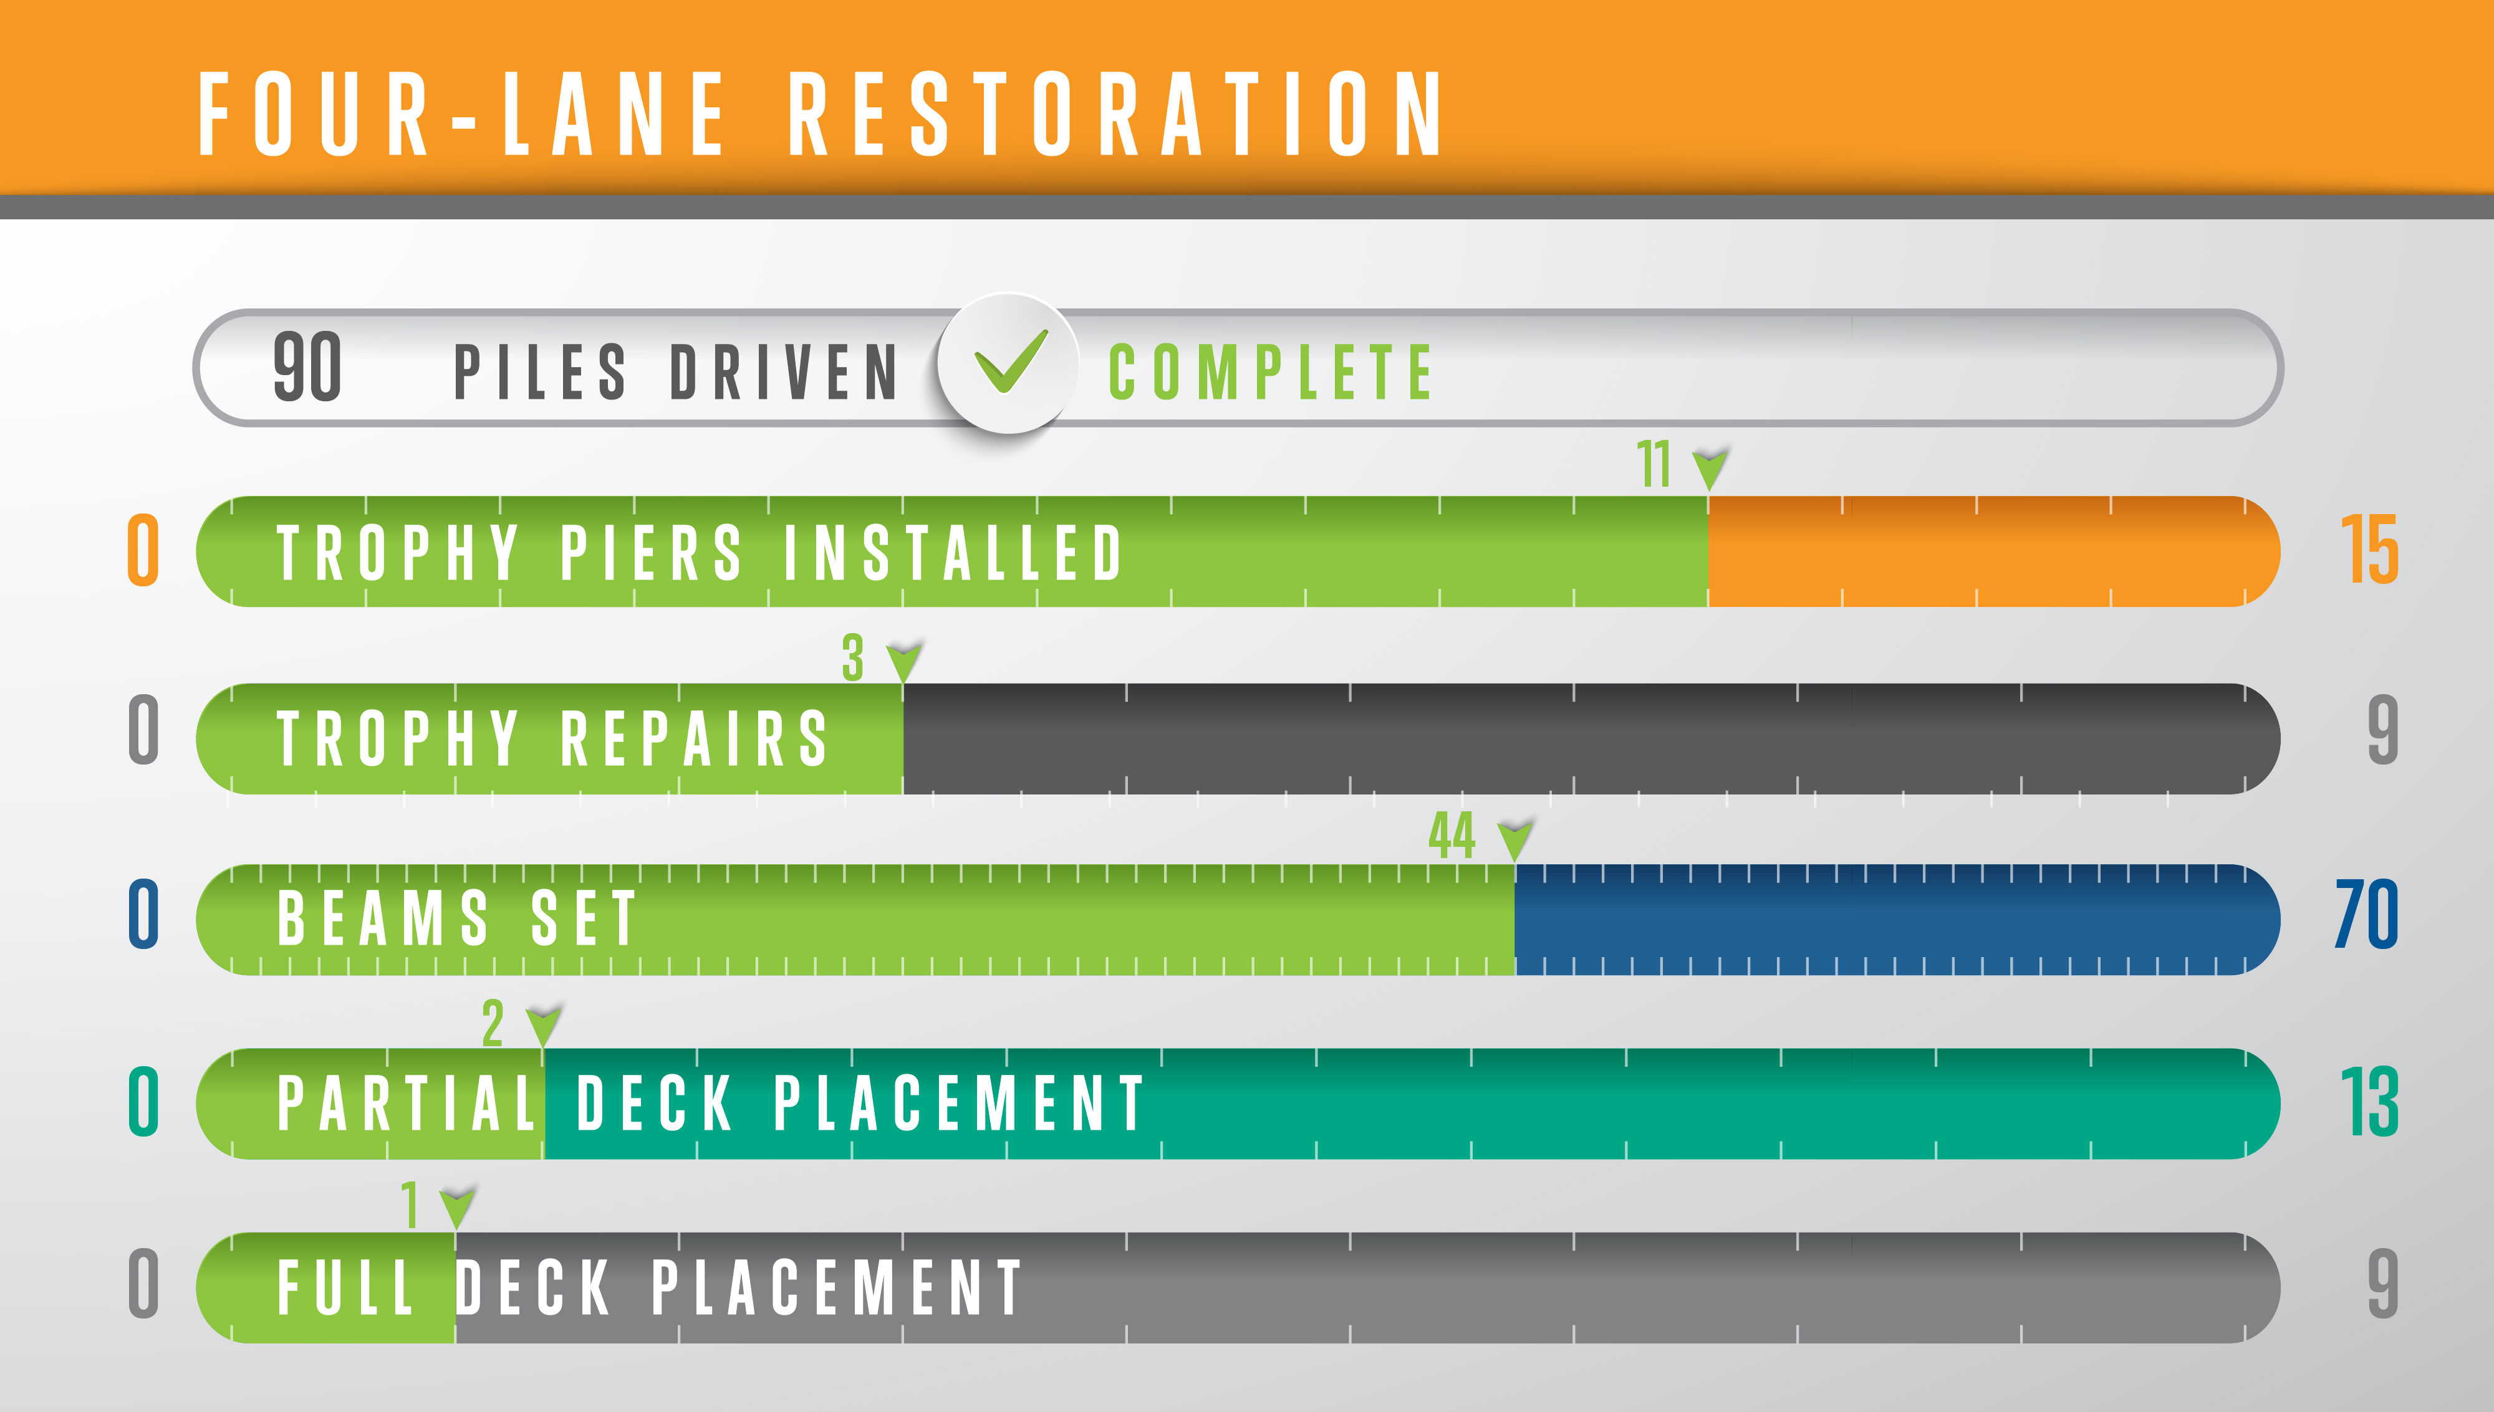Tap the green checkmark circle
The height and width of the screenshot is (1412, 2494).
click(x=1009, y=363)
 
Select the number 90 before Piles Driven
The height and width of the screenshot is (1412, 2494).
click(x=307, y=366)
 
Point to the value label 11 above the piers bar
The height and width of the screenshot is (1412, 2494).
click(x=1654, y=464)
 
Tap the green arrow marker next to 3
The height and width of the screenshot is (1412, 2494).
click(x=904, y=661)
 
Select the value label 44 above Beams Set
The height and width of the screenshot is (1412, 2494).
click(x=1452, y=835)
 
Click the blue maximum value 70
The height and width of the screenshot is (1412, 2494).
click(x=2367, y=914)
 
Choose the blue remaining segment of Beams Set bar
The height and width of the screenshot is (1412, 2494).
click(x=1897, y=919)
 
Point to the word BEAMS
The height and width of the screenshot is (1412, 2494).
click(x=383, y=917)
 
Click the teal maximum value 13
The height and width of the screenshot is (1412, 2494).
click(x=2370, y=1103)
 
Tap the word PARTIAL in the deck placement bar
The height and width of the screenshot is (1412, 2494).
click(x=407, y=1103)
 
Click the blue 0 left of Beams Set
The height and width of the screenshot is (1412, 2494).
click(x=143, y=914)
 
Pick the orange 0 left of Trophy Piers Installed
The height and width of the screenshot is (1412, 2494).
click(x=143, y=550)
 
